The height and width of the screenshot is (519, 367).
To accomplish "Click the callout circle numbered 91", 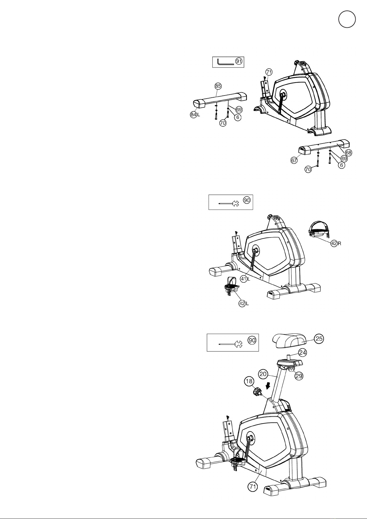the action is (239, 61).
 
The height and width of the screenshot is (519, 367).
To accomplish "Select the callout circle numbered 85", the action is (218, 86).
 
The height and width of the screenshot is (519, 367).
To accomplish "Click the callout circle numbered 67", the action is (294, 160).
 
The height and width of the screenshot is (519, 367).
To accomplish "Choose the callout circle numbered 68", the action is (348, 153).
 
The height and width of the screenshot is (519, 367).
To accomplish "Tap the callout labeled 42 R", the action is (336, 244).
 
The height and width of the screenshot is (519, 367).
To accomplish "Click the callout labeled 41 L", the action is (245, 279).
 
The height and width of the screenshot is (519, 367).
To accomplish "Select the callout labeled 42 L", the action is (244, 303).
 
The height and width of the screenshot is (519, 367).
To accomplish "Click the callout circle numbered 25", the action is (319, 339).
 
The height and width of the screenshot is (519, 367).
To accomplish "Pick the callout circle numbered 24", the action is (303, 353).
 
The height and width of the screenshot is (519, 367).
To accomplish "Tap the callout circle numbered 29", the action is (299, 375).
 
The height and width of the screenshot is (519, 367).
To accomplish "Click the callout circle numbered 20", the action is (263, 374).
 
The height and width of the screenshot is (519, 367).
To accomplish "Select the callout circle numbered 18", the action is (249, 381).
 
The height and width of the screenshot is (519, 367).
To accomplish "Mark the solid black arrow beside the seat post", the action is (268, 386).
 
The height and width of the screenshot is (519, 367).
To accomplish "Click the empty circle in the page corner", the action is (347, 19).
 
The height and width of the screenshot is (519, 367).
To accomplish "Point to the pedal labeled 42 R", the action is (319, 230).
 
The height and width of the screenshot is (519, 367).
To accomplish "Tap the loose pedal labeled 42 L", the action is (232, 286).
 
